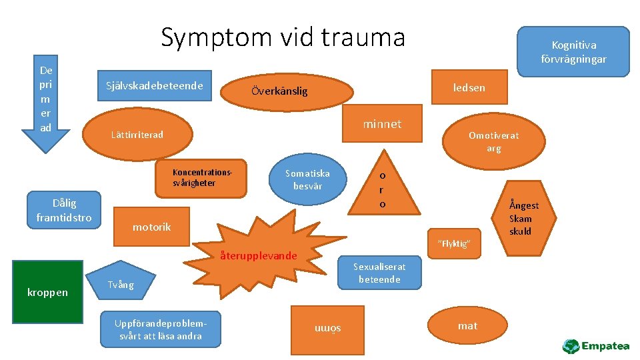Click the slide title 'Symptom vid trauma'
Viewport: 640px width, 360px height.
[x=283, y=37]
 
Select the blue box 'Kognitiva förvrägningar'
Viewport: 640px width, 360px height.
[x=573, y=51]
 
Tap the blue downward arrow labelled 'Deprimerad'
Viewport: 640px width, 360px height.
[x=46, y=100]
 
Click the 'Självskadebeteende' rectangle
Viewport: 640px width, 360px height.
[x=155, y=85]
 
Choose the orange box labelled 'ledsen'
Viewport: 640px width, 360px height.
[x=469, y=87]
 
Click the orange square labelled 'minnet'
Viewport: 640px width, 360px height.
[x=382, y=123]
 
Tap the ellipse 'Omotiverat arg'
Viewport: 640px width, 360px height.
[x=493, y=141]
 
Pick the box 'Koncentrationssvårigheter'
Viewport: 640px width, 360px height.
[x=201, y=178]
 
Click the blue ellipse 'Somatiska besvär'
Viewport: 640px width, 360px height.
[x=307, y=179]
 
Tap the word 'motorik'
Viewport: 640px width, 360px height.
[x=151, y=227]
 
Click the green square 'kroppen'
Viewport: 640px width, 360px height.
[x=47, y=291]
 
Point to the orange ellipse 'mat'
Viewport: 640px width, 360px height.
[x=467, y=325]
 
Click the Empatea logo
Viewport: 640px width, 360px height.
[x=596, y=346]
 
